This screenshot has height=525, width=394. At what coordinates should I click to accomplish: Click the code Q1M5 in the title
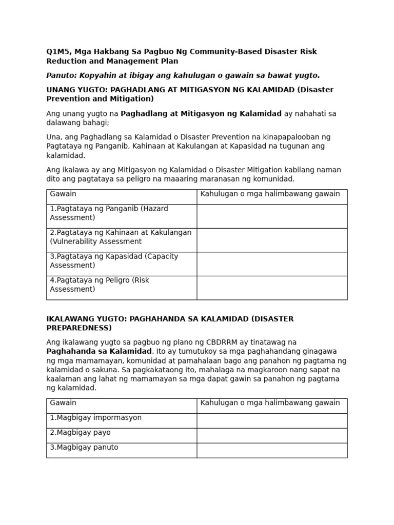57,52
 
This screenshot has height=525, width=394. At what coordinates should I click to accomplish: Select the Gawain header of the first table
63,194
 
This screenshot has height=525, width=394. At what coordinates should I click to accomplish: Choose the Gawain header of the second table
63,403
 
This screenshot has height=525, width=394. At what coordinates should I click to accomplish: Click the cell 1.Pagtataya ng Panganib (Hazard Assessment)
109,213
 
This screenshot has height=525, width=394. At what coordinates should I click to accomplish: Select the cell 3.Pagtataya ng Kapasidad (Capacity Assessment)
114,261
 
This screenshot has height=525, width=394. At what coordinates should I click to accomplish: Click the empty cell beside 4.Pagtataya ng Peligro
272,288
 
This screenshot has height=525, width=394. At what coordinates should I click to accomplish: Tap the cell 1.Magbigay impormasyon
95,418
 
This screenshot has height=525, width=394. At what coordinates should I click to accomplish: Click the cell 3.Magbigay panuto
84,448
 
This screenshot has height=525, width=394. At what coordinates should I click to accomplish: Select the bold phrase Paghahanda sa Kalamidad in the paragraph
98,352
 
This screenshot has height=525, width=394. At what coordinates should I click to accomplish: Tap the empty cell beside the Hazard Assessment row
272,216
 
